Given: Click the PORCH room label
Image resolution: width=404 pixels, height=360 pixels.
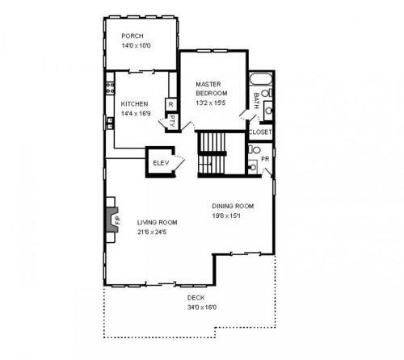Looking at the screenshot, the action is point(133,36).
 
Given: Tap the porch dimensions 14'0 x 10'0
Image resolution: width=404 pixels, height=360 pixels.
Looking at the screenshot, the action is point(136,45).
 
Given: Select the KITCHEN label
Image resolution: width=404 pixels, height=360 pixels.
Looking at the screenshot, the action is point(134,104).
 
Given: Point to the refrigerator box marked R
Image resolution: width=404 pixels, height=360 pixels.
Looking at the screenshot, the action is point(170,104).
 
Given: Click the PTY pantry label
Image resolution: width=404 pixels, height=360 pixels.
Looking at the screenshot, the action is point(172,122).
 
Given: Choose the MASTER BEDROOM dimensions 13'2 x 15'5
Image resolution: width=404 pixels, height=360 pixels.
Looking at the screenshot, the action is point(211,103).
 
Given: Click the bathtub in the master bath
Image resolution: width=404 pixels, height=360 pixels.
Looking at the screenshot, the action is point(261,79).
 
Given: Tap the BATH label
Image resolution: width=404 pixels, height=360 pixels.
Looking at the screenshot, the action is point(256,101).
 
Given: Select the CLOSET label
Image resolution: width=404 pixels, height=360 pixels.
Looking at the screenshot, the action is point(260,132).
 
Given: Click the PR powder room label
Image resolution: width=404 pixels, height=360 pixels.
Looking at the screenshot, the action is point(265,159).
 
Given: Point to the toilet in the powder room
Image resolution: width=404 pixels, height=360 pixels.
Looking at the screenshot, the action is point(254,149).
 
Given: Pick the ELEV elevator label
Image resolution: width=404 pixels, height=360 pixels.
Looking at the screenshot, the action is point(161,163).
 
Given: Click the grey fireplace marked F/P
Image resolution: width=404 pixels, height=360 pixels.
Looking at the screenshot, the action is point(113,220).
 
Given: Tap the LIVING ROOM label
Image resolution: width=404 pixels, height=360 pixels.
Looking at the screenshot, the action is point(158,223).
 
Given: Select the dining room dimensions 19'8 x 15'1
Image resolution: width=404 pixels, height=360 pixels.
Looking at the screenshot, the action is point(226,216).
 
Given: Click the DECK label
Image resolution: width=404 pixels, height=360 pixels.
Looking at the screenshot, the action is point(196,298).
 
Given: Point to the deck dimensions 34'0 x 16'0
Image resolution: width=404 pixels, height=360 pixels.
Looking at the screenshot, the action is point(202,308).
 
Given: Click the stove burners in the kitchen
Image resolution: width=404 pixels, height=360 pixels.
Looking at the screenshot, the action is point(110,88).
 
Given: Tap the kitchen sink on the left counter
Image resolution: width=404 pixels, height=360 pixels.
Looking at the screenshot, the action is point(110,123).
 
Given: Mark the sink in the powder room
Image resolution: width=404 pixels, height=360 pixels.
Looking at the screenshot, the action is point(253,167).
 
